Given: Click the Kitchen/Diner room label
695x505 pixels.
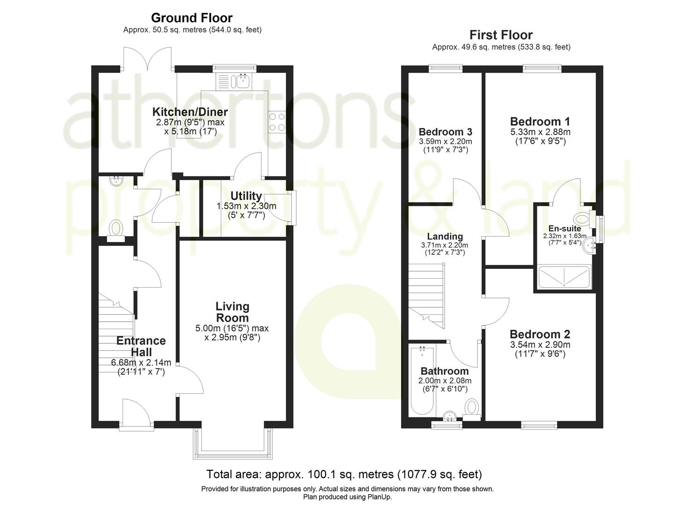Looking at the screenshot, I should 190,112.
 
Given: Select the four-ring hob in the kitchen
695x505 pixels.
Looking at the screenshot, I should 276,122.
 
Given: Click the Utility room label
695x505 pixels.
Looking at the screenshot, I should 246,195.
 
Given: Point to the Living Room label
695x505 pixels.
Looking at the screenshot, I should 232,312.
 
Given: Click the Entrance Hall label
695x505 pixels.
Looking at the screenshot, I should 141,346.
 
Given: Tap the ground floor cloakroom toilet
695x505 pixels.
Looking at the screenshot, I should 115,230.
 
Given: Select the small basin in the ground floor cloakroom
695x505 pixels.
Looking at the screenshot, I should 115,180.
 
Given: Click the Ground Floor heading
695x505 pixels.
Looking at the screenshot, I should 191,18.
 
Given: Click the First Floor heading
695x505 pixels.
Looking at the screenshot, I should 501,35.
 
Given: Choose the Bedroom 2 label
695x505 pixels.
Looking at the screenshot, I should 540,334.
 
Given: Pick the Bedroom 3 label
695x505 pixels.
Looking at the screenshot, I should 445,132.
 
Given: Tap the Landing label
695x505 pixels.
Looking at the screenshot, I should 445,237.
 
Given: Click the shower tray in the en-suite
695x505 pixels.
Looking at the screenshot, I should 564,276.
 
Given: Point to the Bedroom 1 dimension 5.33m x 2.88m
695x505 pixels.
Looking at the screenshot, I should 540,132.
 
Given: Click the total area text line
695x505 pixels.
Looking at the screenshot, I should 344,474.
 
